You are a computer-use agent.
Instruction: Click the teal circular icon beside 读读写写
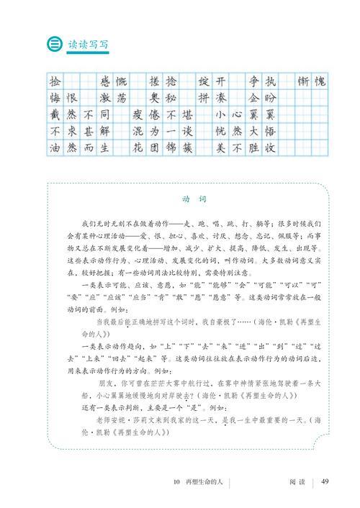point(53,44)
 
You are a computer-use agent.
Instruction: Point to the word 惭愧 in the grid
point(312,81)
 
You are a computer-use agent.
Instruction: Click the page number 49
point(325,482)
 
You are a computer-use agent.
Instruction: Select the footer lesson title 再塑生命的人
point(204,482)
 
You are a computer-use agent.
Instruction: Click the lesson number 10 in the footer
point(176,482)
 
